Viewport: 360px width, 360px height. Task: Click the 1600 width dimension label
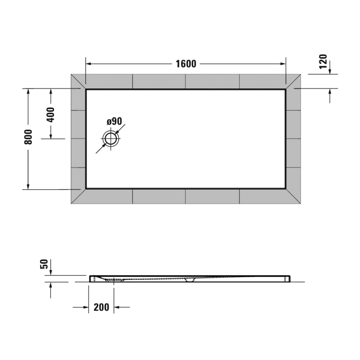pyautogui.click(x=186, y=64)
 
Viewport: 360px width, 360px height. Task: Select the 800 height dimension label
pyautogui.click(x=29, y=137)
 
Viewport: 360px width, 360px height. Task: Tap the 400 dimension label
pyautogui.click(x=50, y=114)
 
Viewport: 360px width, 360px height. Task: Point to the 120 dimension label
pyautogui.click(x=323, y=62)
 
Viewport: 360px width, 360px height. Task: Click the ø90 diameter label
pyautogui.click(x=114, y=121)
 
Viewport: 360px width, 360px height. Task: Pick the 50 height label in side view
pyautogui.click(x=44, y=264)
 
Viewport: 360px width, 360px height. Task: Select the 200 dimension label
pyautogui.click(x=101, y=308)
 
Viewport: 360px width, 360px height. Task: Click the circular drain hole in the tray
pyautogui.click(x=111, y=138)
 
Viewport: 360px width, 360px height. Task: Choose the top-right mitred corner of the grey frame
pyautogui.click(x=294, y=82)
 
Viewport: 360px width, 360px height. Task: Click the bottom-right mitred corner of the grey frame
pyautogui.click(x=294, y=196)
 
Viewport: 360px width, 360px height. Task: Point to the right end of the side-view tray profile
pyautogui.click(x=289, y=278)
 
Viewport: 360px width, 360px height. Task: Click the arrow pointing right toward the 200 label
pyautogui.click(x=85, y=308)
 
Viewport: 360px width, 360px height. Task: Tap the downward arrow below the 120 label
pyautogui.click(x=330, y=71)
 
